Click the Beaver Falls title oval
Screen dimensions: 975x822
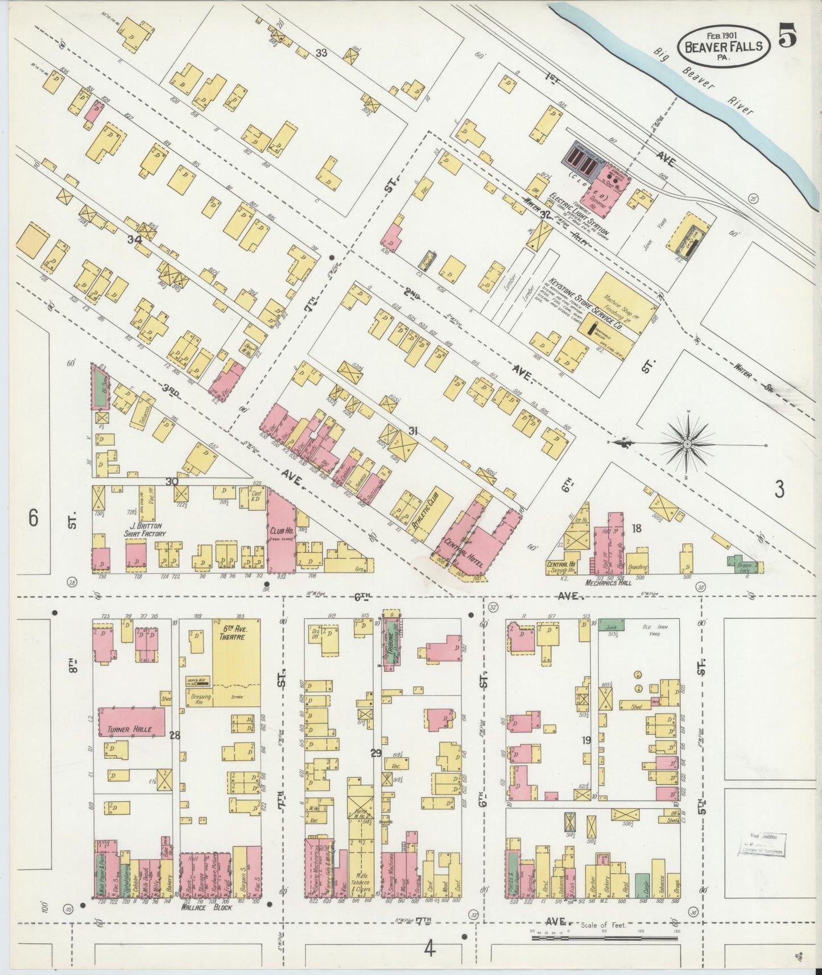724,46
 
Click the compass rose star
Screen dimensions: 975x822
687,443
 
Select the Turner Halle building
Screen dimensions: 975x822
133,721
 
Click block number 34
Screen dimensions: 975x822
134,239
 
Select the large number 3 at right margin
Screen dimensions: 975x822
779,489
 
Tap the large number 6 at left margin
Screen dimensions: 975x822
34,518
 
